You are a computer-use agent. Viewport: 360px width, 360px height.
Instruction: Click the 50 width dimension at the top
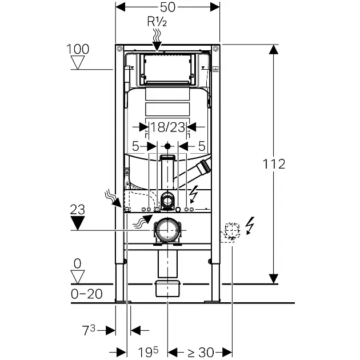coord(167,7)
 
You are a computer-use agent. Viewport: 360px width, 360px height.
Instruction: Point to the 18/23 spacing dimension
coord(167,127)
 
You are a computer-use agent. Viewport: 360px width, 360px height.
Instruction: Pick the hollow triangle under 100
coord(78,62)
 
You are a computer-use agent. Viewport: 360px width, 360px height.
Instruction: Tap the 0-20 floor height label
coord(86,294)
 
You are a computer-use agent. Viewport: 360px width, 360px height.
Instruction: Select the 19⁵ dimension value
coord(147,352)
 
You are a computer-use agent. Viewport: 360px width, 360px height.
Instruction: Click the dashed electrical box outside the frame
coord(231,231)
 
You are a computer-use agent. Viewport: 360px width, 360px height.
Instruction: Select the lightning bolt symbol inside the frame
coord(194,196)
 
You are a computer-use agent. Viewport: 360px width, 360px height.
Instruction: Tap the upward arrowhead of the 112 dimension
coord(274,51)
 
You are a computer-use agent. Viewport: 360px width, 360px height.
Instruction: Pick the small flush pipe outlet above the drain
coord(167,200)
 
